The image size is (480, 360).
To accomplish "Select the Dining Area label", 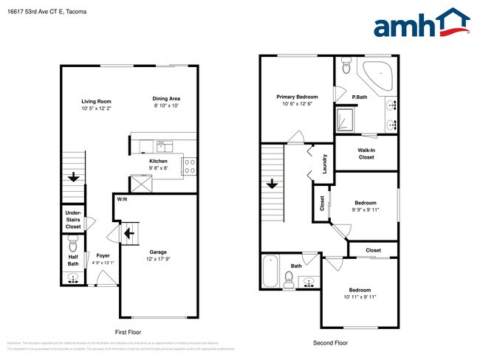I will (166, 99).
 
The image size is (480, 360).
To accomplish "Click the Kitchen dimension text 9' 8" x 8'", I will (158, 168).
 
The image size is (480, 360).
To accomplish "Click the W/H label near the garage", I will (120, 199).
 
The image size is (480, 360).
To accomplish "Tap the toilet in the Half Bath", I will (72, 246).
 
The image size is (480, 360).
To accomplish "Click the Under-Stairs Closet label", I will (72, 220).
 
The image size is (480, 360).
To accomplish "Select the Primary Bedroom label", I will (298, 97).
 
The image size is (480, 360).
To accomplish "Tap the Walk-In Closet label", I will (366, 153).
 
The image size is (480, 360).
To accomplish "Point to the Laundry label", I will (325, 164).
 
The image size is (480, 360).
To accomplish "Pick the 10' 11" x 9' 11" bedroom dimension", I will (360, 297).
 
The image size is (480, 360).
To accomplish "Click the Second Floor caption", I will (330, 342).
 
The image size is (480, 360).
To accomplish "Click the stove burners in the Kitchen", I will (188, 166).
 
